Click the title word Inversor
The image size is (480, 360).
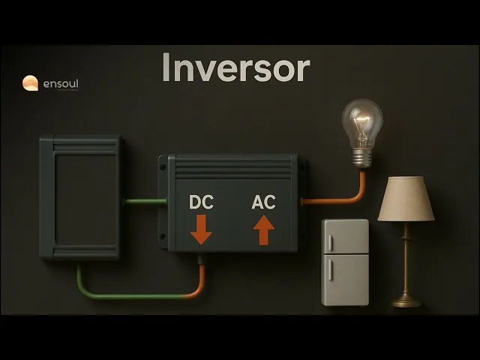[235, 69]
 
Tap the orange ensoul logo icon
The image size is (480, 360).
[30, 83]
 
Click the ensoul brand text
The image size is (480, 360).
[59, 84]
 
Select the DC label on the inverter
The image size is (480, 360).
[201, 202]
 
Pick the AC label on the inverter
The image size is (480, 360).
[262, 202]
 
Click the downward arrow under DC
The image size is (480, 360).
[201, 229]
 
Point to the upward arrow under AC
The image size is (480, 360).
[262, 229]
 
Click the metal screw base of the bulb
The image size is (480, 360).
[363, 157]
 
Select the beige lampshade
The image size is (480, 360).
[406, 199]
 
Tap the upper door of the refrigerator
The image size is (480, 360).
[345, 237]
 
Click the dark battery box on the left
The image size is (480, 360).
[80, 197]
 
